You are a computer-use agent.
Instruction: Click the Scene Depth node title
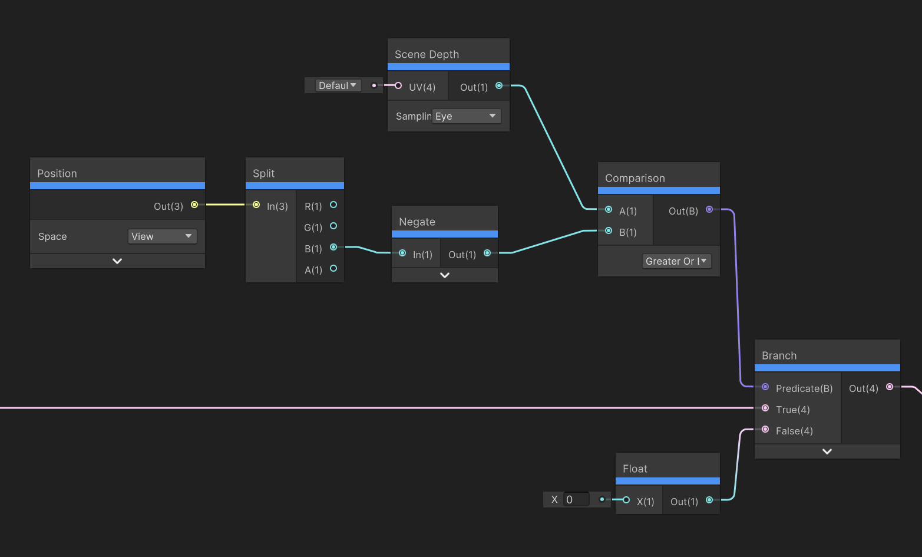click(427, 54)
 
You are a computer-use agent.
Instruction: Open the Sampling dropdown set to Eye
click(466, 116)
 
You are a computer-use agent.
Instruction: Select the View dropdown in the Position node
click(162, 236)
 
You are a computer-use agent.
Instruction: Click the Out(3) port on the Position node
click(194, 205)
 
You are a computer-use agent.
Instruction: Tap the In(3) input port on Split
click(256, 205)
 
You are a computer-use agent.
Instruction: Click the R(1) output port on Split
click(333, 205)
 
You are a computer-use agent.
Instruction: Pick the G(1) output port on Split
click(333, 226)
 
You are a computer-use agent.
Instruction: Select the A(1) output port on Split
click(333, 268)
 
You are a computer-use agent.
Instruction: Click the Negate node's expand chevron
click(445, 275)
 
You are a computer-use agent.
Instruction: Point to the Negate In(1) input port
click(402, 253)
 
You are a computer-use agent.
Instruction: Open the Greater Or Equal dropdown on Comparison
click(676, 261)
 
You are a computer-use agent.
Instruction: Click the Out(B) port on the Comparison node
click(709, 210)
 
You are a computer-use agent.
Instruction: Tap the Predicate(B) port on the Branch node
click(765, 387)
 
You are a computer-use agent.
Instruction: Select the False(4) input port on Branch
click(765, 429)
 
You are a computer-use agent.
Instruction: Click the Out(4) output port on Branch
click(890, 387)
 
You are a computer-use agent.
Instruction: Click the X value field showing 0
click(576, 499)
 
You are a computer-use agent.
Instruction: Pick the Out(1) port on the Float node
click(709, 500)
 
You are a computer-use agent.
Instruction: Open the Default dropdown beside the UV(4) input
click(338, 85)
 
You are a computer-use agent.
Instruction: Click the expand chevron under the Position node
click(117, 261)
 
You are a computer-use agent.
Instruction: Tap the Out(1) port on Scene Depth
click(499, 85)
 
